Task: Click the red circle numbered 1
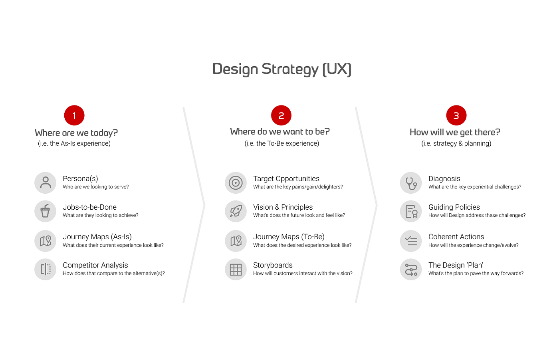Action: click(x=74, y=115)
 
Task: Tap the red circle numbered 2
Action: click(x=281, y=115)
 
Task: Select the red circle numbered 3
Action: click(x=456, y=115)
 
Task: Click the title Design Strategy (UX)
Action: click(x=281, y=69)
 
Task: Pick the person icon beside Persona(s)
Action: click(x=46, y=182)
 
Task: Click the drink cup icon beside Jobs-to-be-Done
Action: click(x=46, y=211)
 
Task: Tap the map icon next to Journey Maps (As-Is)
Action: click(x=46, y=241)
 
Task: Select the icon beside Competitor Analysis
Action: click(x=46, y=269)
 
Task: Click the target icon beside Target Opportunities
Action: click(x=236, y=182)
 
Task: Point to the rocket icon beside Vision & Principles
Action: click(x=236, y=211)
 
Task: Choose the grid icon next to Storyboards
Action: click(x=236, y=269)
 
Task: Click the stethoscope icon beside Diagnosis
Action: click(x=411, y=182)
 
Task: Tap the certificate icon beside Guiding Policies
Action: click(x=411, y=211)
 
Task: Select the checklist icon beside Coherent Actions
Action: click(x=411, y=241)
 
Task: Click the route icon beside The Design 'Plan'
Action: click(x=411, y=269)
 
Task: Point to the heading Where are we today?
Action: click(x=76, y=133)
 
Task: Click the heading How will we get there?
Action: click(x=455, y=132)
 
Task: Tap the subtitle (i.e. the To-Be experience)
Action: click(x=281, y=143)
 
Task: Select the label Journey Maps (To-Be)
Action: click(x=289, y=237)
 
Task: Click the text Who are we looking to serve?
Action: click(x=96, y=187)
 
